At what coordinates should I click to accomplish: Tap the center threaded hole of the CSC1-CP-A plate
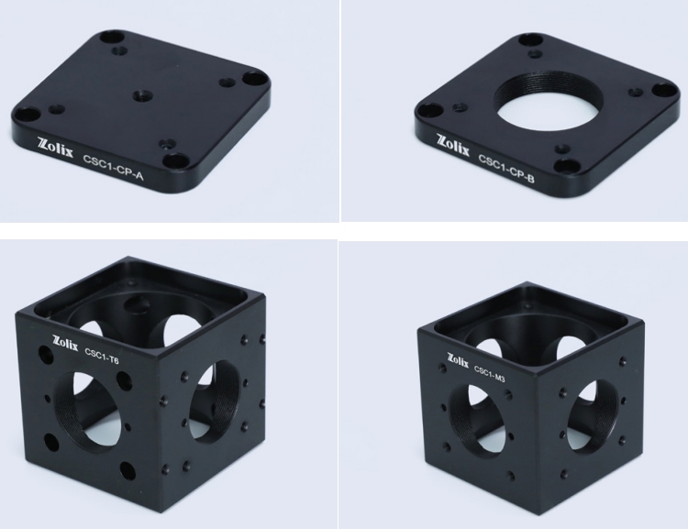point(142,94)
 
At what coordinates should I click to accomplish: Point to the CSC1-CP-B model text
point(506,168)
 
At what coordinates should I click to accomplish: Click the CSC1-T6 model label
point(102,357)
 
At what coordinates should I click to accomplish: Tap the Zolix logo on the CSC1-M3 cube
point(458,360)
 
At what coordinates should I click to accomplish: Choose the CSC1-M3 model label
point(490,373)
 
